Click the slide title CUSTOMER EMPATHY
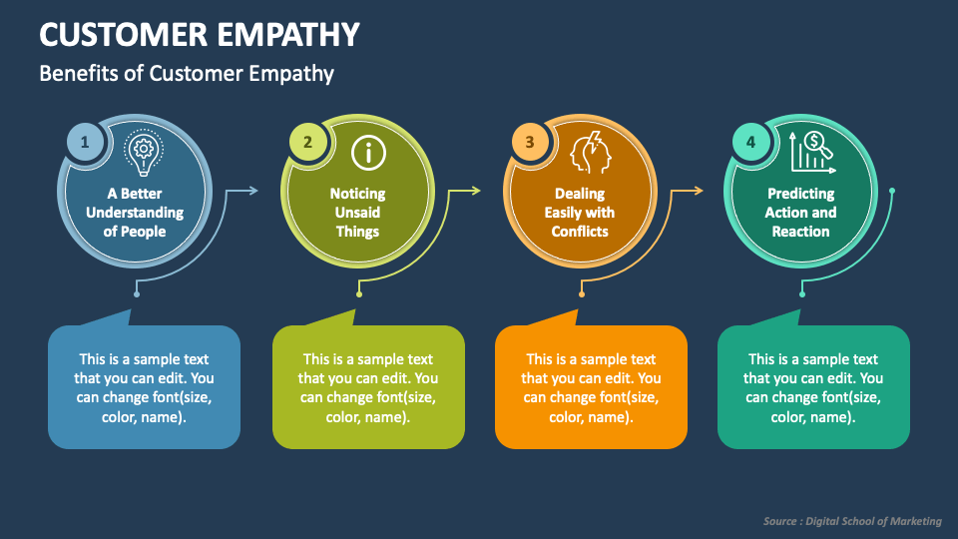coord(200,34)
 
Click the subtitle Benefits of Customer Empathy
coord(187,74)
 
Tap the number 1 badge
coord(85,143)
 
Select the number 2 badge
coord(307,143)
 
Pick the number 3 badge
coord(530,143)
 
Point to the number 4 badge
coord(751,143)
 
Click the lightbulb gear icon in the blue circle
coord(143,152)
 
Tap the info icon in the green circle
coord(368,153)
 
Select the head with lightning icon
coord(589,153)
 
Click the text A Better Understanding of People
coord(135,213)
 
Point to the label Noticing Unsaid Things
coord(357,213)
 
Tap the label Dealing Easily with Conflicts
coord(580,213)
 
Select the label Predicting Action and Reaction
coord(801,213)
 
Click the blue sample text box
coord(145,388)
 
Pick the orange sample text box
coord(591,388)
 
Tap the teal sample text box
coord(813,388)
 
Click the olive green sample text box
coord(368,388)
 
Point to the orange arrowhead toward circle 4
coord(699,190)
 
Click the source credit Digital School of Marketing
coord(852,521)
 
